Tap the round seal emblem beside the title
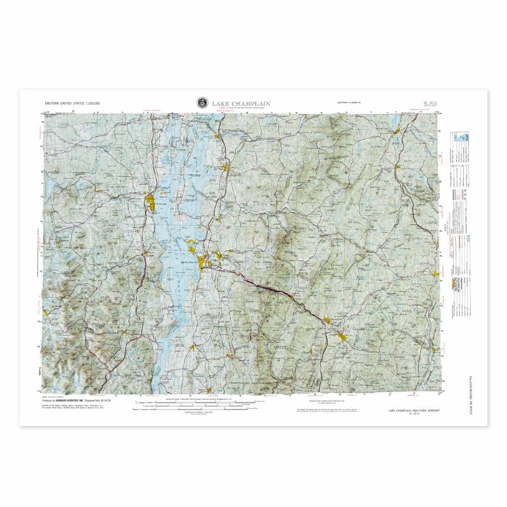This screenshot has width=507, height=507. coord(202,102)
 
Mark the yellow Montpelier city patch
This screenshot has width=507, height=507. coord(327,320)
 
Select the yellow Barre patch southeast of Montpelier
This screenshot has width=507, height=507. coord(345,337)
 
